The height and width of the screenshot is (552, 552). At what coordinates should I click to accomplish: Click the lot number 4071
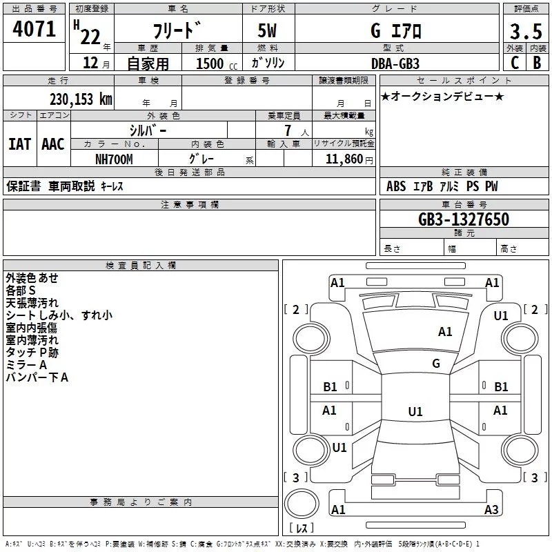[x=34, y=30]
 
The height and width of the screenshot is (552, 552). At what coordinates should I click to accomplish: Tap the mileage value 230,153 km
[x=81, y=99]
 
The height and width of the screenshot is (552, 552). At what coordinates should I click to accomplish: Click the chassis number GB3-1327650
[x=464, y=219]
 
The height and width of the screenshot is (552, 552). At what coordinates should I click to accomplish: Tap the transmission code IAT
[x=19, y=144]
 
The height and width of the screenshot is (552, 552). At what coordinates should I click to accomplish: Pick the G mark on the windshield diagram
[x=435, y=364]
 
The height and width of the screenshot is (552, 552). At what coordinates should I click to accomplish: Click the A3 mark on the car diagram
[x=491, y=510]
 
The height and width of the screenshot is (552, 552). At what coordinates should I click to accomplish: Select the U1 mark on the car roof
[x=415, y=411]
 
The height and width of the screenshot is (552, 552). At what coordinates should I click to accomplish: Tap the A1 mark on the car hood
[x=445, y=332]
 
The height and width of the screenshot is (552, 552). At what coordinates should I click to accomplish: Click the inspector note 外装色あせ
[x=32, y=278]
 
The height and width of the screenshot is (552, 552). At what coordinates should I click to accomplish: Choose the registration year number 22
[x=90, y=37]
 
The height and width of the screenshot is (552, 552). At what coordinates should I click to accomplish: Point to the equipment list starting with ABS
[x=442, y=186]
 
